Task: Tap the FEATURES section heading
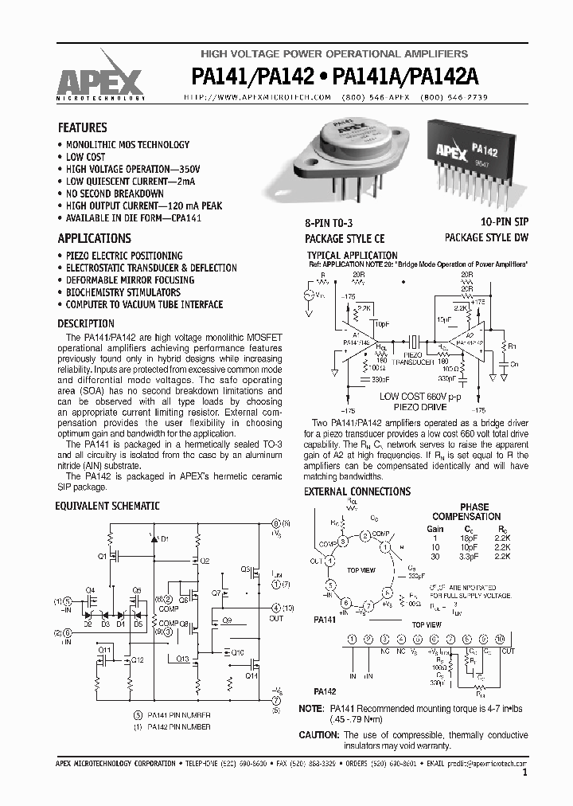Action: point(83,127)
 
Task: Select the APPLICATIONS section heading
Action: point(95,238)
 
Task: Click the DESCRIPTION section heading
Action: point(86,324)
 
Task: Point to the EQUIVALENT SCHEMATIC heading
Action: point(107,506)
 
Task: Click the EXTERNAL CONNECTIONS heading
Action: point(357,492)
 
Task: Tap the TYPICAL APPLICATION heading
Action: point(351,256)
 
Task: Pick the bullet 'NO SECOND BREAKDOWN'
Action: point(115,194)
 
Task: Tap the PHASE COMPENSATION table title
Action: point(474,512)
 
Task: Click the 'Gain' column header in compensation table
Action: point(435,529)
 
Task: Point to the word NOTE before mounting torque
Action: point(311,709)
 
